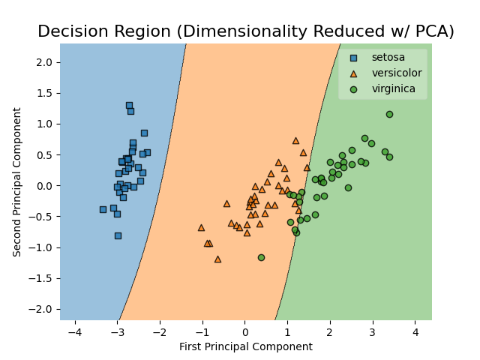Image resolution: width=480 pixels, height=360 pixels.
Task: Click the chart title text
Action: [246, 31]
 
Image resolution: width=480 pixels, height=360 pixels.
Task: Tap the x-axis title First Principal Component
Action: [246, 346]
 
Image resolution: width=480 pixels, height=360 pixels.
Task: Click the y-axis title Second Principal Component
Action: [17, 182]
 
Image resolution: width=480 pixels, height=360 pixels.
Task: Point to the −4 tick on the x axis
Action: [74, 331]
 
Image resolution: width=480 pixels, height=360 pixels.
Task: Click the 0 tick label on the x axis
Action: [244, 331]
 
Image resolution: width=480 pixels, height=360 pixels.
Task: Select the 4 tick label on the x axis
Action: [415, 331]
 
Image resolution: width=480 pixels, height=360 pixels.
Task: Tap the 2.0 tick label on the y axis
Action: [44, 61]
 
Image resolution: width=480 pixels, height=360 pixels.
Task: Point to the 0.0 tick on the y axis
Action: [44, 185]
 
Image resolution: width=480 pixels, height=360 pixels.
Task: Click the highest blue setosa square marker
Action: [129, 106]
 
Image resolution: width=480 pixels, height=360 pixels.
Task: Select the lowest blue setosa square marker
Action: [118, 235]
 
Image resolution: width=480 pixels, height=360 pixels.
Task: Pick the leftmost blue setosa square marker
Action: [103, 209]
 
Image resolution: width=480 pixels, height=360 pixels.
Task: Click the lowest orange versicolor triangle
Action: [217, 259]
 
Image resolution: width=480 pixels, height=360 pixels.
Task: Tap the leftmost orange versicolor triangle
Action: [201, 227]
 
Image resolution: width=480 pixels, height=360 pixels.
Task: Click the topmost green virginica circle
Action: [389, 114]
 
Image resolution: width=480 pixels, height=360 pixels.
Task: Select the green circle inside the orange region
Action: [261, 257]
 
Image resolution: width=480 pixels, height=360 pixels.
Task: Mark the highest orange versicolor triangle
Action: [295, 140]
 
